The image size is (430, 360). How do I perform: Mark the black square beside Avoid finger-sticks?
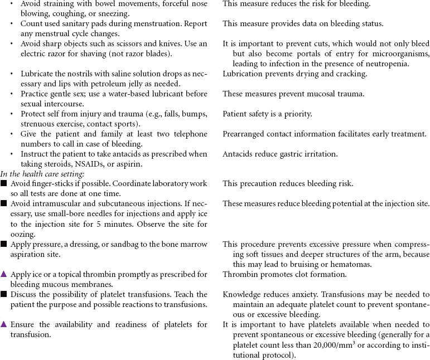coord(4,183)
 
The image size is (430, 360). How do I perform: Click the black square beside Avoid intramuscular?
coord(4,203)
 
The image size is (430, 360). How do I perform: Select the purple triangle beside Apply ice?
coord(4,274)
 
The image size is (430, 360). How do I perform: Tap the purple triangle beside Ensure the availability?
coord(4,324)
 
